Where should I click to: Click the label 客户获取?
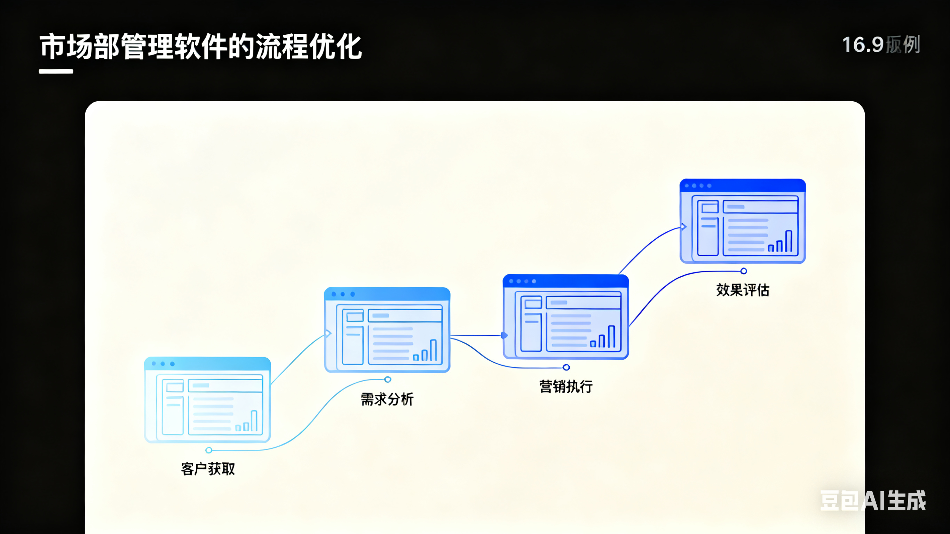coord(208,469)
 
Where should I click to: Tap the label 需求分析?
coord(387,399)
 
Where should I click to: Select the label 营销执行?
coord(566,386)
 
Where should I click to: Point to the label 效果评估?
coord(742,290)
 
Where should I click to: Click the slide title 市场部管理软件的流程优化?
coord(201,47)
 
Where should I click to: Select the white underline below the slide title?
coord(56,71)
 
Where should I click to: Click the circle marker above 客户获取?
coord(209,450)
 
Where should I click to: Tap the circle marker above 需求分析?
coord(388,380)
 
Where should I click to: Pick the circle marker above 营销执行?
coord(566,367)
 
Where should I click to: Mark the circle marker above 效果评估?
coord(744,271)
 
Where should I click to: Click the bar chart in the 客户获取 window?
coord(246,422)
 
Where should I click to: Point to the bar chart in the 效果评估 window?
coord(780,241)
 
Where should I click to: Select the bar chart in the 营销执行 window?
coord(603,337)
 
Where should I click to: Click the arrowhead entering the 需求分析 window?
coord(328,334)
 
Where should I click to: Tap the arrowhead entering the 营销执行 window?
coord(505,335)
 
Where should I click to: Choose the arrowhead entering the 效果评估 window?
coord(683,227)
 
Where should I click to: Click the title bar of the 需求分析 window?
coord(387,294)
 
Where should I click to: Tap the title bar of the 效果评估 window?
coord(742,185)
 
